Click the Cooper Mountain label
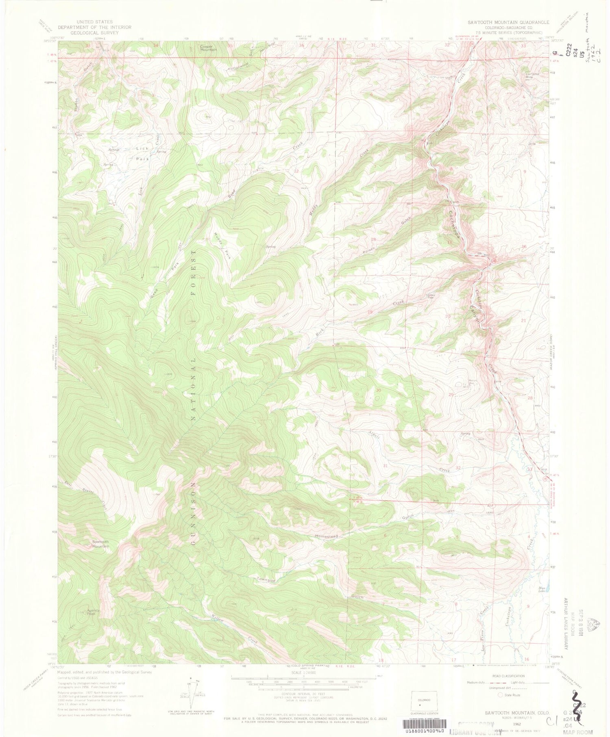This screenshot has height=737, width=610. point(208,48)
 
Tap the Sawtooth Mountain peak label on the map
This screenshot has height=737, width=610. point(100,544)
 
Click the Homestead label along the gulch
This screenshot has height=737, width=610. point(326,536)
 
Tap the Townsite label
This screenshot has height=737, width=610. point(266,580)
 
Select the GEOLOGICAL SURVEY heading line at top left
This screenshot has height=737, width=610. point(94,33)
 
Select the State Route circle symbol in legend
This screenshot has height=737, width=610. point(500,695)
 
